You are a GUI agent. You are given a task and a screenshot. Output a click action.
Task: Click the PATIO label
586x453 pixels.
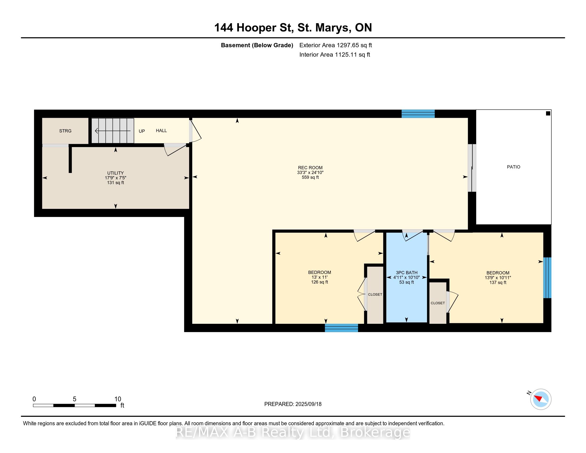513,167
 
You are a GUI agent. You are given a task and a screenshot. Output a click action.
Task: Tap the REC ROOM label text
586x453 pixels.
310,168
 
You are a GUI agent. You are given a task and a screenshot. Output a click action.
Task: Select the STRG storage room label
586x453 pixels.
65,131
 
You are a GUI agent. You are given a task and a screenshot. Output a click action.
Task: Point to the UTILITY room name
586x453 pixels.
115,173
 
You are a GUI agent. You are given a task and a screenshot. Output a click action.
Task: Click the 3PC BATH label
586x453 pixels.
406,273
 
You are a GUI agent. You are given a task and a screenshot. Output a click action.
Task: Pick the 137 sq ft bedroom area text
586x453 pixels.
498,282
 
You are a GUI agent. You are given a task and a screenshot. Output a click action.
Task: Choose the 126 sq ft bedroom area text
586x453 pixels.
319,282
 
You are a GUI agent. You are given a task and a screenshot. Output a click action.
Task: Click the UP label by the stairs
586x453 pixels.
142,131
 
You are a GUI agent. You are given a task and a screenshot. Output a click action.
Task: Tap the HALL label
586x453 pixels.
161,131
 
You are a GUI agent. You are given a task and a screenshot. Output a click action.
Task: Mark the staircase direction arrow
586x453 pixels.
113,131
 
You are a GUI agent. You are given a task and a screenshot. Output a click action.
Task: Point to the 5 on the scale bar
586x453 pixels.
75,399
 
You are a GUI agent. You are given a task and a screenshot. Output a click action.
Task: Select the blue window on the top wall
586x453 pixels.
418,114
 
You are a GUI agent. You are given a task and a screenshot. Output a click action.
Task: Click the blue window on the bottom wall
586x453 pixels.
341,328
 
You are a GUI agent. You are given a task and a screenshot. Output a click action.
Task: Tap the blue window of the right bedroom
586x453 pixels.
547,278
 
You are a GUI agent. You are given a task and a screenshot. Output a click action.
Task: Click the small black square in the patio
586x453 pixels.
548,114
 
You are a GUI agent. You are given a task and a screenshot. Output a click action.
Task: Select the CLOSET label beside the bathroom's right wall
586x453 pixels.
438,303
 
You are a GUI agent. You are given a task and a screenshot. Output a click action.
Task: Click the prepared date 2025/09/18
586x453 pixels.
308,404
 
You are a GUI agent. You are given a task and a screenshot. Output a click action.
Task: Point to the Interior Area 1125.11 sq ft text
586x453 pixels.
335,55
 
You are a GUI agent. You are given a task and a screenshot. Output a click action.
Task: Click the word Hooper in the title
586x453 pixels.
257,28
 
